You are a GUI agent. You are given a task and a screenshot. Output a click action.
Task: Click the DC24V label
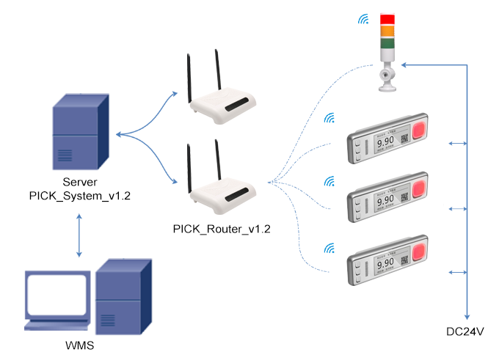(466, 331)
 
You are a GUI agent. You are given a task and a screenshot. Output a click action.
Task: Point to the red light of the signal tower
(387, 19)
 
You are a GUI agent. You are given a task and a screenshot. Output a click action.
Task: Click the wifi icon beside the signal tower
(363, 20)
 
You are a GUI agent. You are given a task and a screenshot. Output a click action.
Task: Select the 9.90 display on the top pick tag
(385, 144)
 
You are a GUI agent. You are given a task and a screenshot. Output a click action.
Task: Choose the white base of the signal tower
(387, 77)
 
